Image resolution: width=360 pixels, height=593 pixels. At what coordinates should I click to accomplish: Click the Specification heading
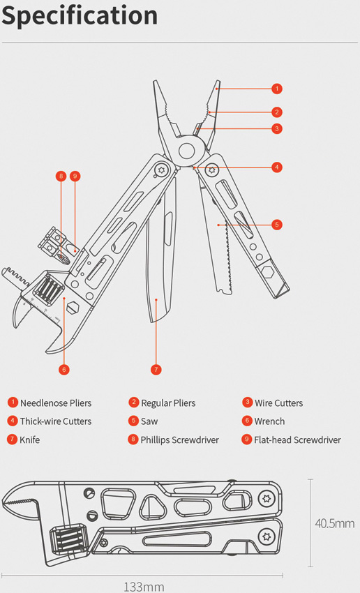80,16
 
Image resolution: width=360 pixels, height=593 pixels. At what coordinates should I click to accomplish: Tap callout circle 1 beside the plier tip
277,89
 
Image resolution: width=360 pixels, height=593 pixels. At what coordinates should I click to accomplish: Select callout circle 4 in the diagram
277,167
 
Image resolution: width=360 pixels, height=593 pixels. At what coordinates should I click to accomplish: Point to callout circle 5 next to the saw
277,225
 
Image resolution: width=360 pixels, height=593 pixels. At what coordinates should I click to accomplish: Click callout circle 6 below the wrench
64,370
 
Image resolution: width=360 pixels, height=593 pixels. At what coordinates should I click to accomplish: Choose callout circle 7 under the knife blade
156,370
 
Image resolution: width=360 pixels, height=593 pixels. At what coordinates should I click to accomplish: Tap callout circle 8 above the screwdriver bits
61,176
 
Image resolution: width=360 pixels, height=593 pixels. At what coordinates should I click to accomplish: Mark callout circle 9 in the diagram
75,176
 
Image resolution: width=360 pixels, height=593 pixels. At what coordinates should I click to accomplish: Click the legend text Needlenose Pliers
56,403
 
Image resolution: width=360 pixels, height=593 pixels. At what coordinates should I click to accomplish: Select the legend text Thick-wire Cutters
56,421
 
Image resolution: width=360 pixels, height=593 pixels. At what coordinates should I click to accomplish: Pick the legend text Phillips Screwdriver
179,440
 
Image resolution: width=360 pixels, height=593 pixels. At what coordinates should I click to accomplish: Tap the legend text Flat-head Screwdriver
297,440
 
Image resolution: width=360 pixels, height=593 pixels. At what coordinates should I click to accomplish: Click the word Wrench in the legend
269,421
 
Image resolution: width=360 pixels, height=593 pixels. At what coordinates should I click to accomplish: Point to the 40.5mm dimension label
335,523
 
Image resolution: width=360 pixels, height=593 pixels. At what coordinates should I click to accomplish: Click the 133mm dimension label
144,587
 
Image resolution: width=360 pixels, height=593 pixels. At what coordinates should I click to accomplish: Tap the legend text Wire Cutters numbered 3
278,403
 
